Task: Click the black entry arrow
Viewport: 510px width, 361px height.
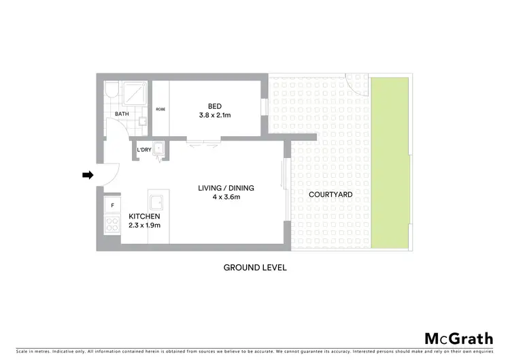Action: pyautogui.click(x=87, y=175)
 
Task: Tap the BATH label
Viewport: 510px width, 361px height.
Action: pyautogui.click(x=122, y=114)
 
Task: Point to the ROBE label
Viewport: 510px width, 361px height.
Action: pyautogui.click(x=160, y=109)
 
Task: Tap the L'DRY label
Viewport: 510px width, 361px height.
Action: pyautogui.click(x=143, y=150)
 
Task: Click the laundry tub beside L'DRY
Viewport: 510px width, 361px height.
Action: pyautogui.click(x=158, y=149)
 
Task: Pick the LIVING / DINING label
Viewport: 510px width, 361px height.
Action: pyautogui.click(x=220, y=188)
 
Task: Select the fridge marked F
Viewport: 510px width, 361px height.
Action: pyautogui.click(x=111, y=204)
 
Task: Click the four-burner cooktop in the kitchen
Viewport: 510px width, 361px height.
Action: pyautogui.click(x=111, y=225)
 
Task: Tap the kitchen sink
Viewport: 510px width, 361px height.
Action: pyautogui.click(x=158, y=202)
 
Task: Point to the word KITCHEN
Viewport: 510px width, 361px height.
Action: pyautogui.click(x=144, y=217)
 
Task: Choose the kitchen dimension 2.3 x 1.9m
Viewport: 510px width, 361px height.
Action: pyautogui.click(x=144, y=225)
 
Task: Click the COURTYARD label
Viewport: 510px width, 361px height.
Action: pyautogui.click(x=330, y=194)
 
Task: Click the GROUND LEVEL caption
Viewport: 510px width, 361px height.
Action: pyautogui.click(x=255, y=268)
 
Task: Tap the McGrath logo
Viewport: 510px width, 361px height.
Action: pyautogui.click(x=458, y=339)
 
